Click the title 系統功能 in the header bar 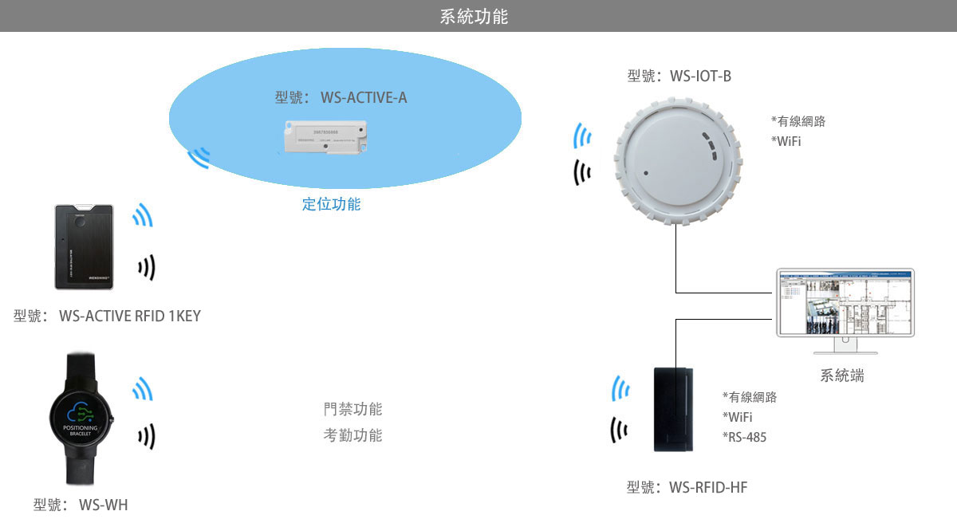[474, 16]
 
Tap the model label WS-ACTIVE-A [341, 98]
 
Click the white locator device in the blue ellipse [325, 136]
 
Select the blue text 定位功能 [331, 204]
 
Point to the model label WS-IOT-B [679, 77]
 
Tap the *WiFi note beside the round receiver [786, 141]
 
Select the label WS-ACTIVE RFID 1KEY [107, 317]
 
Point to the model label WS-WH [80, 505]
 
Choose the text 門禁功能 [352, 410]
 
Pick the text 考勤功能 [352, 435]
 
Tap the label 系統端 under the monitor [841, 376]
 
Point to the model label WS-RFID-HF [687, 487]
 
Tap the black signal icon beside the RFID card [146, 268]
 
